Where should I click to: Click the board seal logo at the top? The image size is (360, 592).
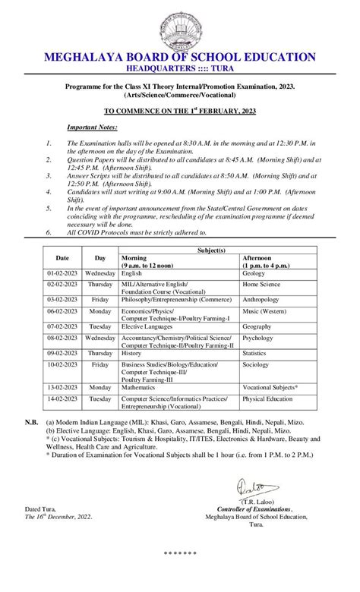tap(180, 27)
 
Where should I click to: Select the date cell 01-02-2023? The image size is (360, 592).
tap(62, 272)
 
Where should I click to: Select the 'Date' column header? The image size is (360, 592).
tap(62, 258)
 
